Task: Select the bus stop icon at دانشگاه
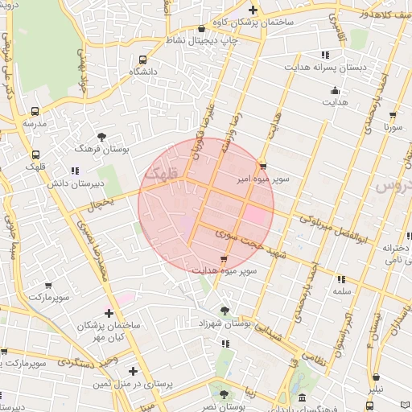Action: pos(143,60)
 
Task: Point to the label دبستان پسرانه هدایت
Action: pos(325,68)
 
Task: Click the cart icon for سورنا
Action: pos(393,115)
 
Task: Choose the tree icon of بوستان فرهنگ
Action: pos(101,137)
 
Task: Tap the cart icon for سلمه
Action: pos(341,279)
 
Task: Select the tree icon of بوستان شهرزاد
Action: pos(224,310)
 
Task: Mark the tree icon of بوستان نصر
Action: pos(224,394)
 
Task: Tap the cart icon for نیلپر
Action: pos(376,377)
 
